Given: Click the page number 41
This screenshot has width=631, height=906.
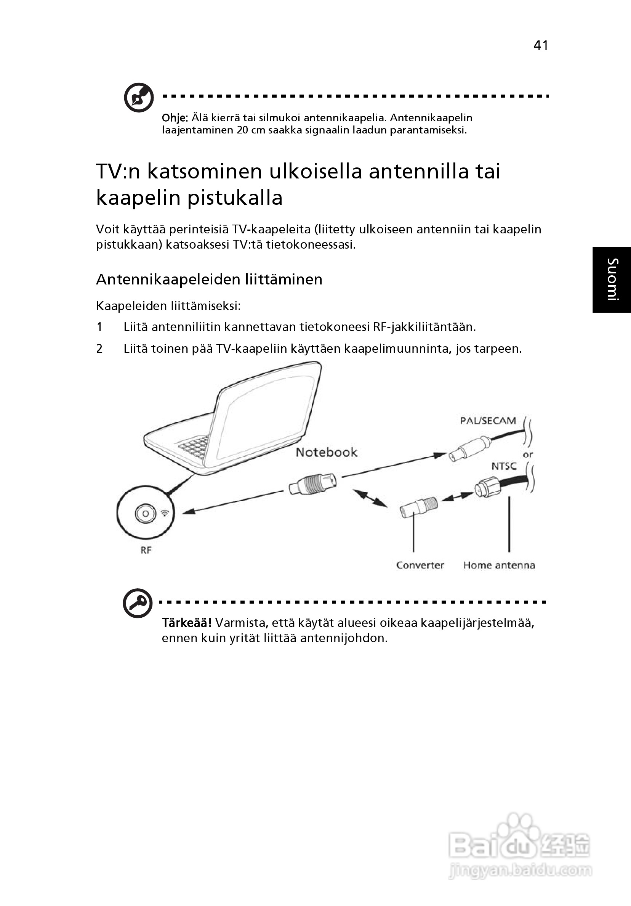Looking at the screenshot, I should [x=541, y=46].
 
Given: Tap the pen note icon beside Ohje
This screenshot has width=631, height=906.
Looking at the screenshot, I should [x=138, y=97].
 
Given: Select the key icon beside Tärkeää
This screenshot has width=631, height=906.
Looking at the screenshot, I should [x=138, y=603].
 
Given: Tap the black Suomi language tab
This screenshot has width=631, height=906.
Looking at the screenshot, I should [x=612, y=280].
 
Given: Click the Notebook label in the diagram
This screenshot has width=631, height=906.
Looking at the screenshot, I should [x=326, y=452].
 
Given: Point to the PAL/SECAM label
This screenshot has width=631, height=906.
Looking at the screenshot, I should [x=488, y=421].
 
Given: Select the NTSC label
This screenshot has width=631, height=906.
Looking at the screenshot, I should [x=504, y=466].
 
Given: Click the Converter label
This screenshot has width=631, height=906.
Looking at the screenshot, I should [x=420, y=565].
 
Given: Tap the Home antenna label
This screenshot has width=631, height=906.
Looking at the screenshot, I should [x=499, y=565].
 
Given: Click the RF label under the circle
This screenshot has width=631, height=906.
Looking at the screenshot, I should [x=146, y=550].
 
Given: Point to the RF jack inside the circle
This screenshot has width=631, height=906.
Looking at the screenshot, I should [x=146, y=513].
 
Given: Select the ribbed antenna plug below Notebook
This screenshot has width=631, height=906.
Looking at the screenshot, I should [x=313, y=484].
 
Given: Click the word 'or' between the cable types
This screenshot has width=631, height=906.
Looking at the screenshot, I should [x=528, y=455].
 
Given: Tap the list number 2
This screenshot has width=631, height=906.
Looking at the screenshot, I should [x=99, y=349].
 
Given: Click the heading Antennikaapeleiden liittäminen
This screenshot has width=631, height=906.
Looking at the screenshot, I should [x=209, y=280].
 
